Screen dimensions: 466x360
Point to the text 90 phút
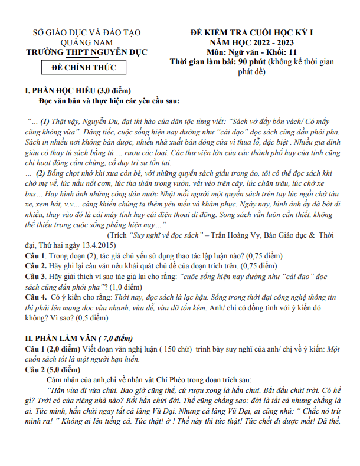[x=252, y=61]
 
